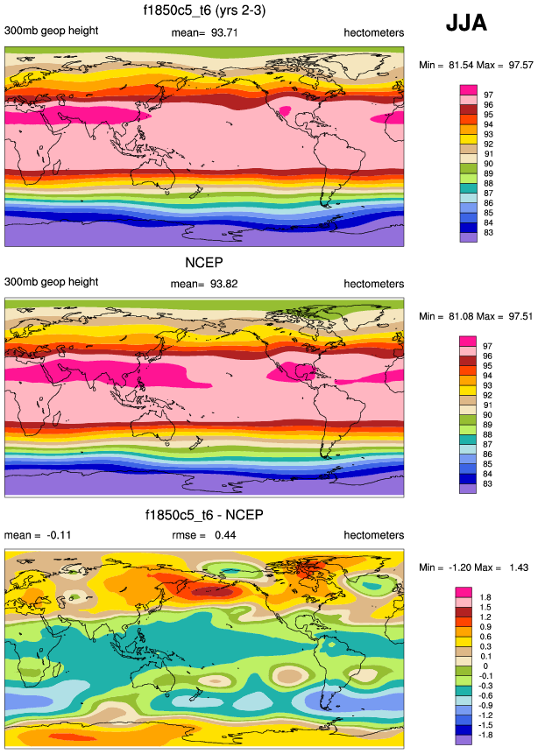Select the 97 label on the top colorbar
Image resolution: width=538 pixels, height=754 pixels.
click(490, 95)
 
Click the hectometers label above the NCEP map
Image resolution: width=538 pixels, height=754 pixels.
click(374, 284)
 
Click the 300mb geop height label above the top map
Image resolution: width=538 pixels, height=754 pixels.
click(51, 32)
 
